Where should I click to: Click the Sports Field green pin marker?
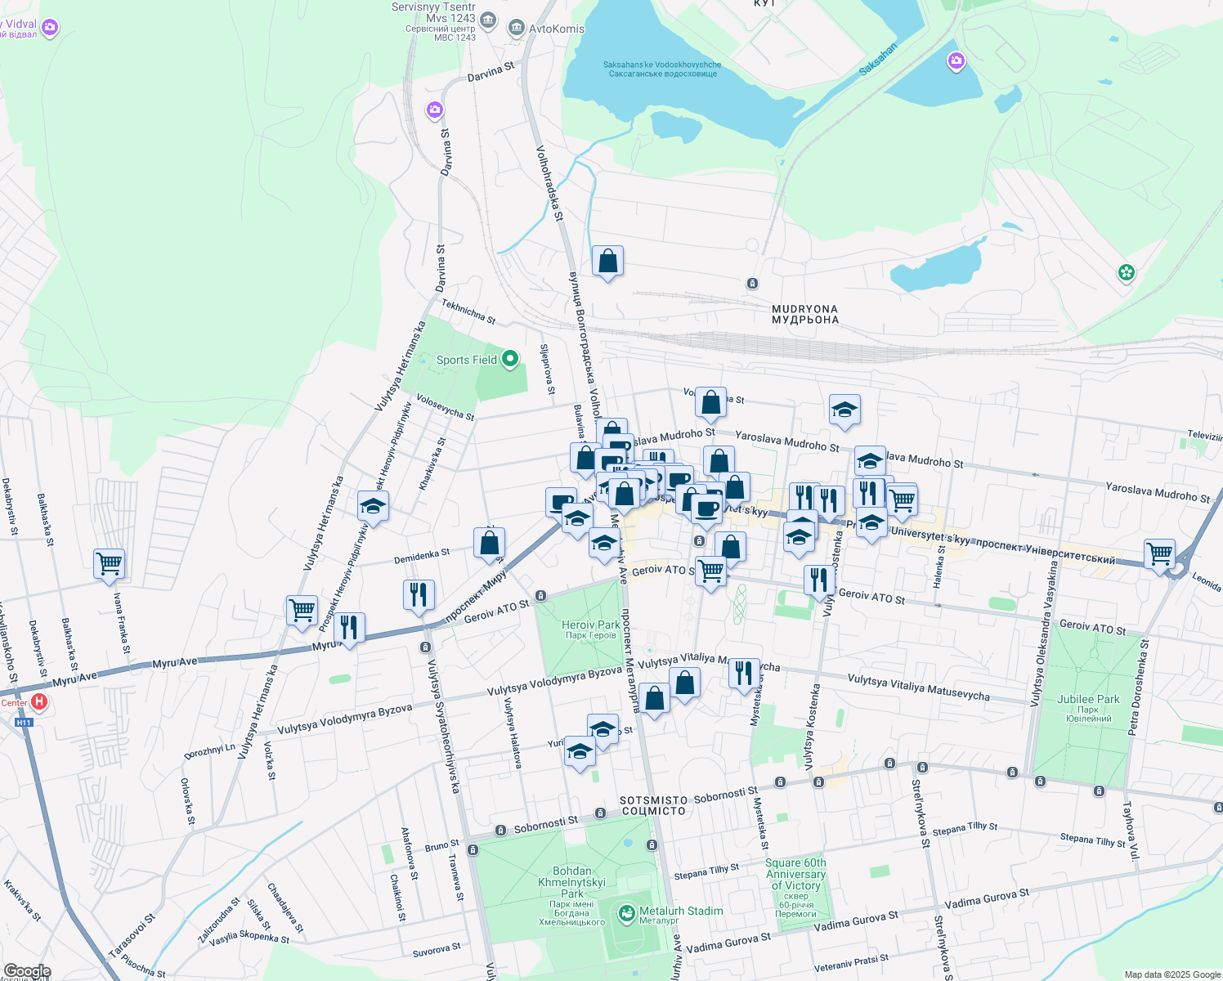510,359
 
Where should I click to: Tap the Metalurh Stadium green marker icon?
626,913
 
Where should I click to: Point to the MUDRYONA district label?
805,315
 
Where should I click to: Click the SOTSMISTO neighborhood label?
653,805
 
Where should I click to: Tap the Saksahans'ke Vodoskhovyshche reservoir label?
662,69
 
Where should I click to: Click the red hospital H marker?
38,702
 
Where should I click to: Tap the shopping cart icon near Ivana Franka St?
109,563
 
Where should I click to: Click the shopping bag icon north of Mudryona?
607,262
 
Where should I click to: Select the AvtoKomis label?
557,29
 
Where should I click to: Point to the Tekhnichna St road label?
468,311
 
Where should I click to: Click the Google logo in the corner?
27,971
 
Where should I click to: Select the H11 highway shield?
24,723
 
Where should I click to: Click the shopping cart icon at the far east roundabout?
1159,554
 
